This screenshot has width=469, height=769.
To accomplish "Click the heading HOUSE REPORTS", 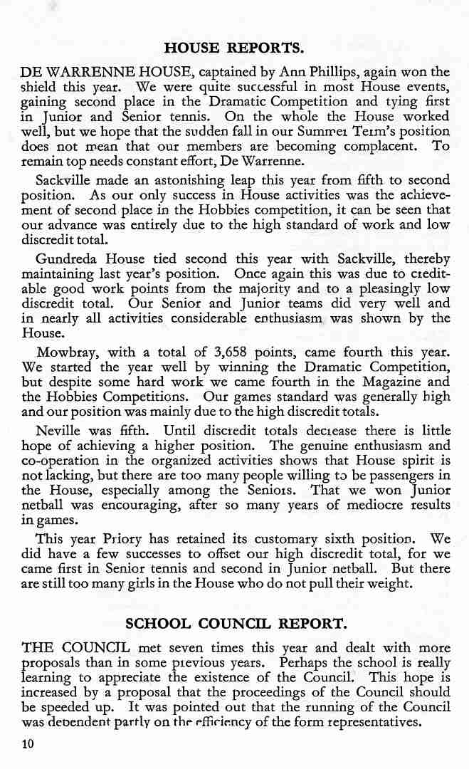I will pos(234,48).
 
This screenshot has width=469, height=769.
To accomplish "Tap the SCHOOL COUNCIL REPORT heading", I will pos(236,624).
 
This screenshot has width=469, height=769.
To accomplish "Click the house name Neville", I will pos(58,430).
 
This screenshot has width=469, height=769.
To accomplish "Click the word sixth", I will pos(330,539).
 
